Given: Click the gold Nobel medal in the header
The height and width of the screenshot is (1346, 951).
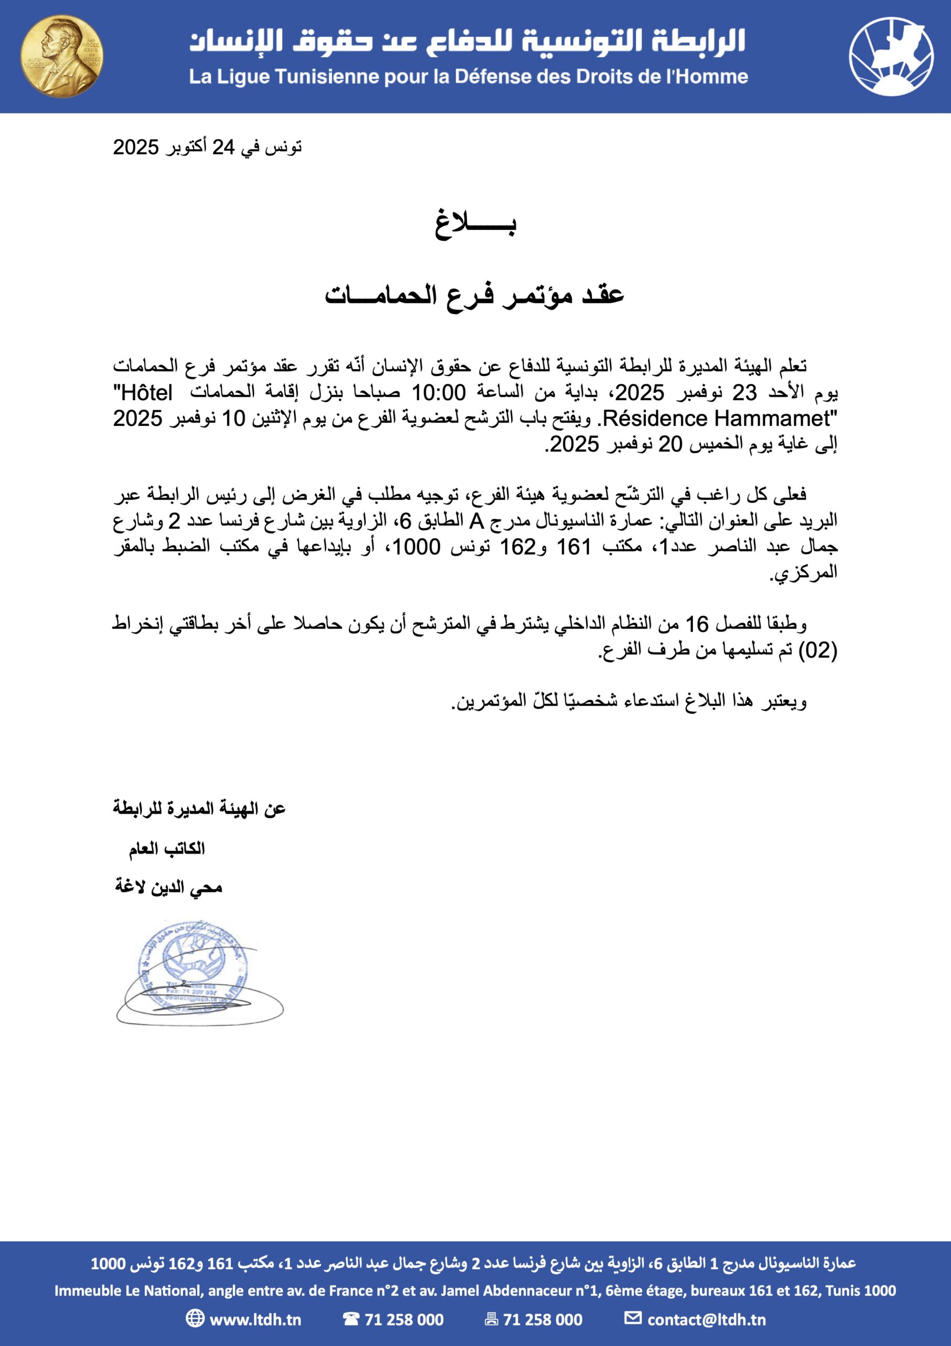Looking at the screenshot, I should [x=61, y=56].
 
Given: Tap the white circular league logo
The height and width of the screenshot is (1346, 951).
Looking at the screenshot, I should [x=891, y=56].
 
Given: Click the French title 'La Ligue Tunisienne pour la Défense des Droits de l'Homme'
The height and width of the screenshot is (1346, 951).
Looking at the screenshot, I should [x=468, y=77].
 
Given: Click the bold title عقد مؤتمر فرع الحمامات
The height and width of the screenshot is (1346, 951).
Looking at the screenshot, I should [x=474, y=294].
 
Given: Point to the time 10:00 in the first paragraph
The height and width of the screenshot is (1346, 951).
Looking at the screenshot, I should [x=438, y=392].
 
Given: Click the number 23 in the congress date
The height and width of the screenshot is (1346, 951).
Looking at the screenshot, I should [x=744, y=392].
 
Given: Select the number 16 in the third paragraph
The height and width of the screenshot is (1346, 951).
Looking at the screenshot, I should [x=697, y=624].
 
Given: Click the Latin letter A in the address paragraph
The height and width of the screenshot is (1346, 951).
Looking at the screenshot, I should [x=477, y=521].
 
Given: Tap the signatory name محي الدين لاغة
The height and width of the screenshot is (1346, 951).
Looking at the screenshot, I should [x=169, y=887].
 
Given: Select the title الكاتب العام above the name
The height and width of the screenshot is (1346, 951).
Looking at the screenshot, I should [x=167, y=848].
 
